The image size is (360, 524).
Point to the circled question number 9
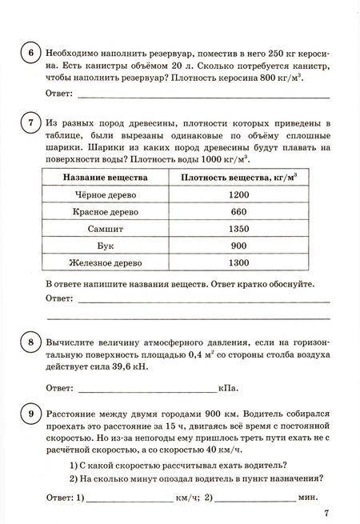[30, 414]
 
